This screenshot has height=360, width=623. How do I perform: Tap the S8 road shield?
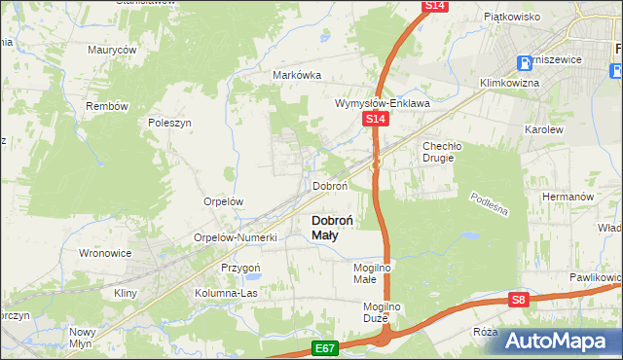[520, 302]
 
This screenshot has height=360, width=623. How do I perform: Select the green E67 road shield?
[325, 348]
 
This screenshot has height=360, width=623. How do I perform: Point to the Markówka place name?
[297, 75]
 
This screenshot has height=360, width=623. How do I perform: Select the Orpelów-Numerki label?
[237, 237]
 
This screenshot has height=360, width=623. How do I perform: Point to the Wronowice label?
[104, 253]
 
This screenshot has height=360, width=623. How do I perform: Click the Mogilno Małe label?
[371, 272]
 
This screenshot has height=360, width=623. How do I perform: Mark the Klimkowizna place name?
[509, 84]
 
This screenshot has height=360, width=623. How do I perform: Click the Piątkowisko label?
[511, 17]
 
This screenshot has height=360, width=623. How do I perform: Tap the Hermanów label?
[568, 196]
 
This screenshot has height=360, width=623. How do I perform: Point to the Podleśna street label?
[489, 206]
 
